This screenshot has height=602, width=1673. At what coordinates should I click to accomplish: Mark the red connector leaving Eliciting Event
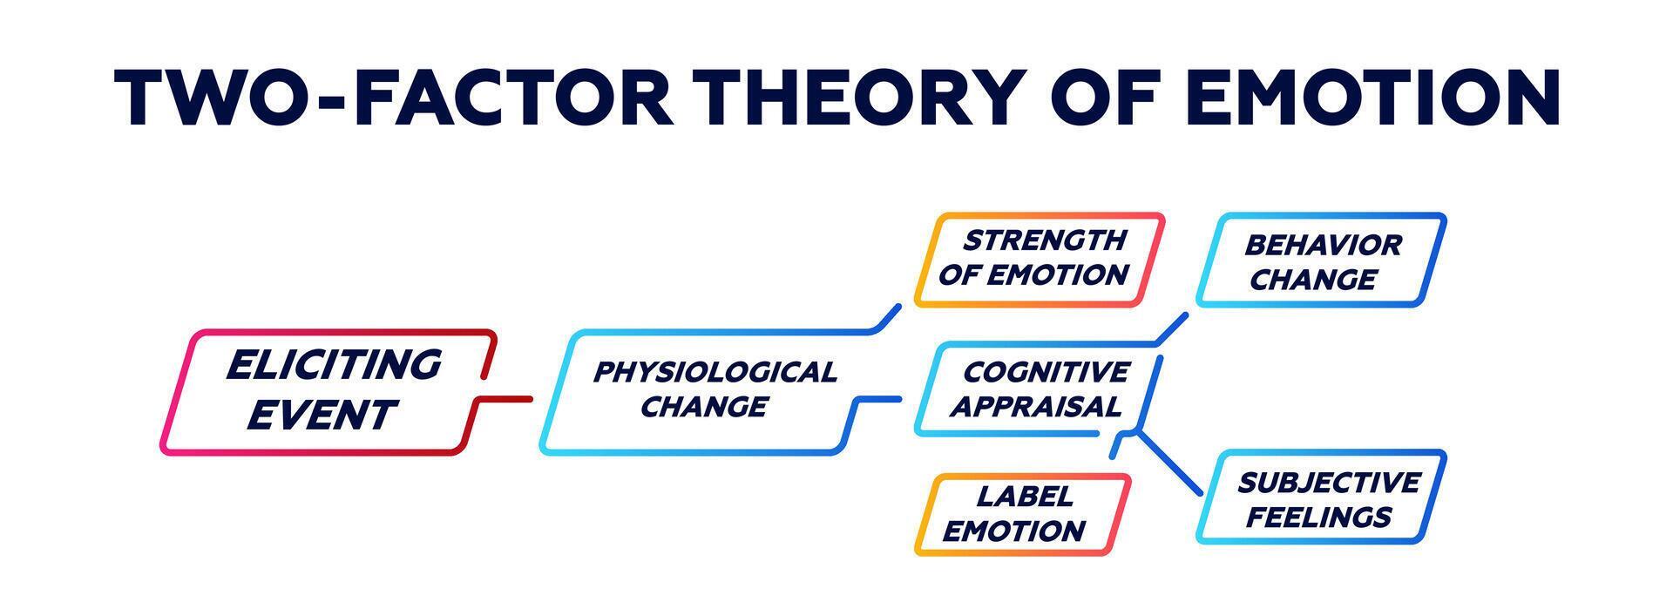click(505, 399)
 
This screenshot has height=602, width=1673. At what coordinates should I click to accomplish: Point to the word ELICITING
click(334, 365)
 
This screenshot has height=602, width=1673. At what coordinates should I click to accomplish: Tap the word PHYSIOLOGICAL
click(715, 372)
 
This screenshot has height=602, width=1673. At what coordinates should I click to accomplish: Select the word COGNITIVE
click(1046, 372)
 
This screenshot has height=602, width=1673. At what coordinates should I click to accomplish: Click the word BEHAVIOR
click(1323, 245)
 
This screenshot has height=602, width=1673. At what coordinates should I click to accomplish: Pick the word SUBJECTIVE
click(1328, 482)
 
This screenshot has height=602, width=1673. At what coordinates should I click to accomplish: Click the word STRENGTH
click(1044, 240)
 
